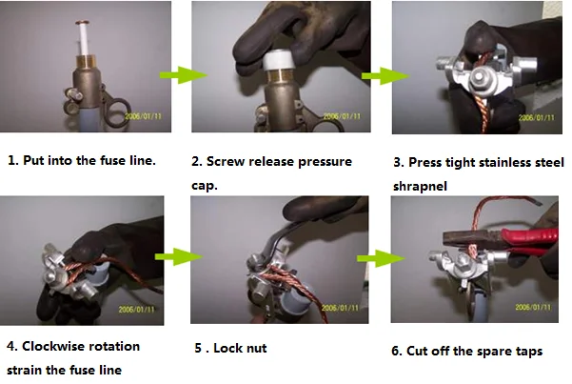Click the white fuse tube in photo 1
[x=84, y=39]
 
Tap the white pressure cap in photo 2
[x=280, y=61]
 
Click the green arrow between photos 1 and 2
[x=184, y=75]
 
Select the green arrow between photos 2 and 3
[x=385, y=75]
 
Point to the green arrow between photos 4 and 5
[x=178, y=256]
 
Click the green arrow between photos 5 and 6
[x=381, y=258]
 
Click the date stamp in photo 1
[x=143, y=116]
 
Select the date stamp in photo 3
[x=536, y=117]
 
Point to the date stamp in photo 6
[x=533, y=307]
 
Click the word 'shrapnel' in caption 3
[x=420, y=187]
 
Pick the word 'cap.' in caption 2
[x=205, y=186]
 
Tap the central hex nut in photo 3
[x=478, y=77]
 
